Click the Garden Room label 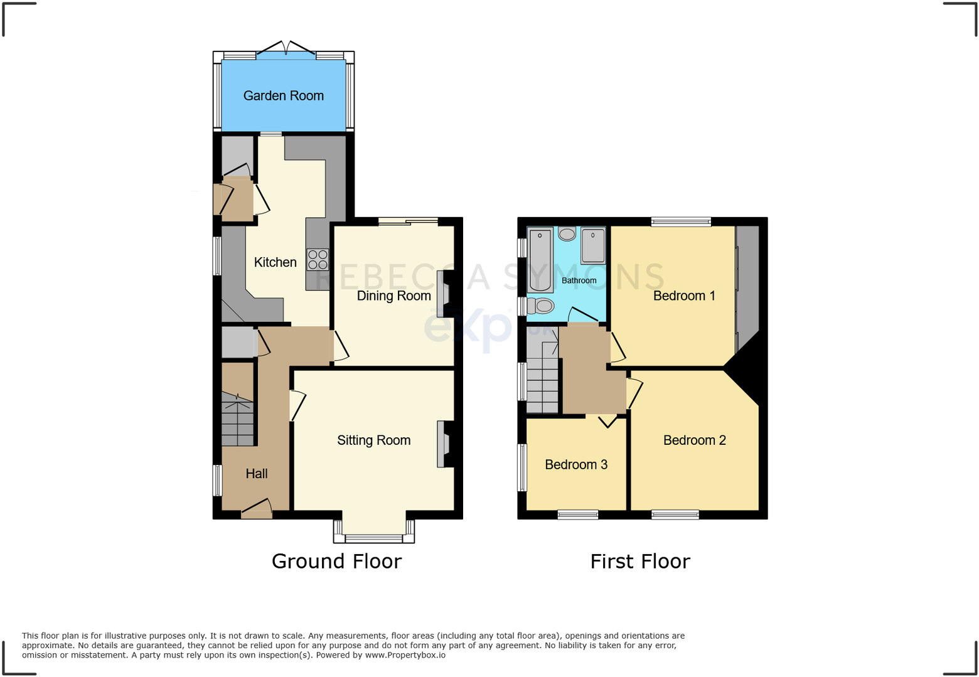coord(284,96)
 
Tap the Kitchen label coord(275,262)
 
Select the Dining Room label coord(393,296)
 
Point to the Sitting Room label coord(373,440)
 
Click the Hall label coord(257,474)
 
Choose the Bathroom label coord(579,280)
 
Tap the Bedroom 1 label coord(684,296)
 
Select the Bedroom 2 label coord(694,440)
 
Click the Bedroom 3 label coord(576,465)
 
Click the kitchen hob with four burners coord(318,259)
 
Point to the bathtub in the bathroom coord(540,260)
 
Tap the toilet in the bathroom coord(540,306)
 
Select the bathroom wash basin coord(567,234)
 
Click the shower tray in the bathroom coord(593,246)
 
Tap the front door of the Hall coord(257,511)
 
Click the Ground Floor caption coord(336,561)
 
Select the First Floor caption coord(640,561)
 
